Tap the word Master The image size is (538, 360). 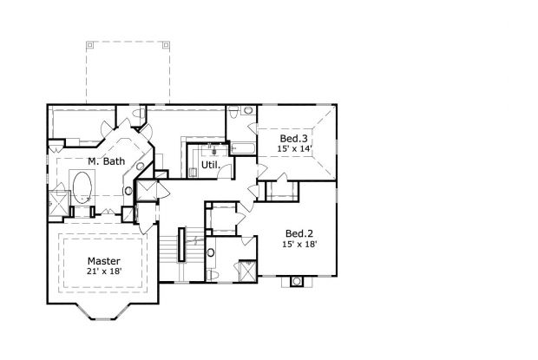pos(103,260)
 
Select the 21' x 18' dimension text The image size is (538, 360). pos(103,272)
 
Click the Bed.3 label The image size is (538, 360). pos(293,138)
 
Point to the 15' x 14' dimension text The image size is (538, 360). pos(293,149)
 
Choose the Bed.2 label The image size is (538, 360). pos(299,232)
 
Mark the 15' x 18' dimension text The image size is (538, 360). pos(299,244)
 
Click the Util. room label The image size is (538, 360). pos(210,164)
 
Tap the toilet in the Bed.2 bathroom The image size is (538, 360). pos(213,274)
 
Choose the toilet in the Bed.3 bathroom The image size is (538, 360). pos(248,111)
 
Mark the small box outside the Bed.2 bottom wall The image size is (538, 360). pos(296,281)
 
